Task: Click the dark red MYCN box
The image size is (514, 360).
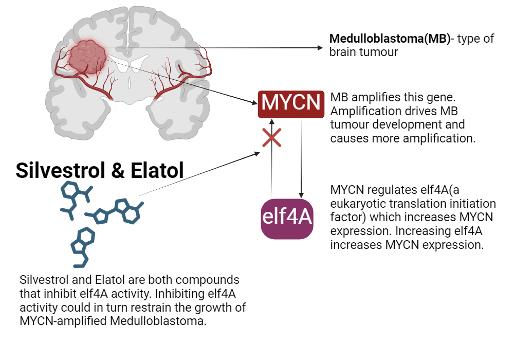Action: point(291,103)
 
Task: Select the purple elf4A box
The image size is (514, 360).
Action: point(287,218)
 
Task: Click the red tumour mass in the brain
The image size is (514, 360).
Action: point(87,55)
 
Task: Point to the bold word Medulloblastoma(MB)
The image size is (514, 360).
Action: point(389,39)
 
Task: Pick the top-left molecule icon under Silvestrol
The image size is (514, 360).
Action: point(76,197)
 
